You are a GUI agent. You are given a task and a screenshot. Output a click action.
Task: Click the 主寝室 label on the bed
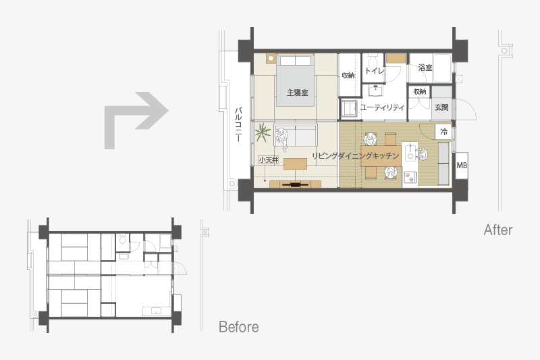[x=298, y=93]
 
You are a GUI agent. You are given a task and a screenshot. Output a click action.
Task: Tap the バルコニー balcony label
[x=238, y=124]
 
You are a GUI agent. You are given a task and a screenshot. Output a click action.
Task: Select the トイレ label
[x=375, y=71]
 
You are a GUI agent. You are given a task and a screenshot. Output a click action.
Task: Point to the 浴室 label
[x=425, y=68]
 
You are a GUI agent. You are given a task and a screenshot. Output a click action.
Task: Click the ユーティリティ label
[x=383, y=107]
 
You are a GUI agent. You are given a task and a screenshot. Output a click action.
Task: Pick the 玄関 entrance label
[x=441, y=107]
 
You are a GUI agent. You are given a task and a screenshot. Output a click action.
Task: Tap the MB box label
[x=462, y=165]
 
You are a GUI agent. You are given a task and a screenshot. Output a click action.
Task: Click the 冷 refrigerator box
[x=444, y=131]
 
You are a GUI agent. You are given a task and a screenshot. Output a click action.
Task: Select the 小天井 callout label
[x=269, y=160]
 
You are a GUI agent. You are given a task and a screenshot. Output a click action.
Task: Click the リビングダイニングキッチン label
[x=356, y=156]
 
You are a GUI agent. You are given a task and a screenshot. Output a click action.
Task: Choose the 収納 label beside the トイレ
[x=348, y=75]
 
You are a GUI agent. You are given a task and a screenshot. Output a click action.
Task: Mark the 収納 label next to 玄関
[x=419, y=91]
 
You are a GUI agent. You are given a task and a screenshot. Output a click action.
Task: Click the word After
[x=498, y=230]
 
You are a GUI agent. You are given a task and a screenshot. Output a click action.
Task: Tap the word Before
[x=239, y=327]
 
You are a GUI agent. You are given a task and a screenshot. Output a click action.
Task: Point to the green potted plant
[x=263, y=132]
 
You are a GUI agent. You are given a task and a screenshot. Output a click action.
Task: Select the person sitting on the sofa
[x=282, y=138]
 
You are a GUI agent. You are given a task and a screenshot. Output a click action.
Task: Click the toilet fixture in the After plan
[x=373, y=62]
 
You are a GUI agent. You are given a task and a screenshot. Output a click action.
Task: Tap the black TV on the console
[x=295, y=184]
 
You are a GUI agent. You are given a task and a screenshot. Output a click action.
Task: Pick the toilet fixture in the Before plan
[x=123, y=239]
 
